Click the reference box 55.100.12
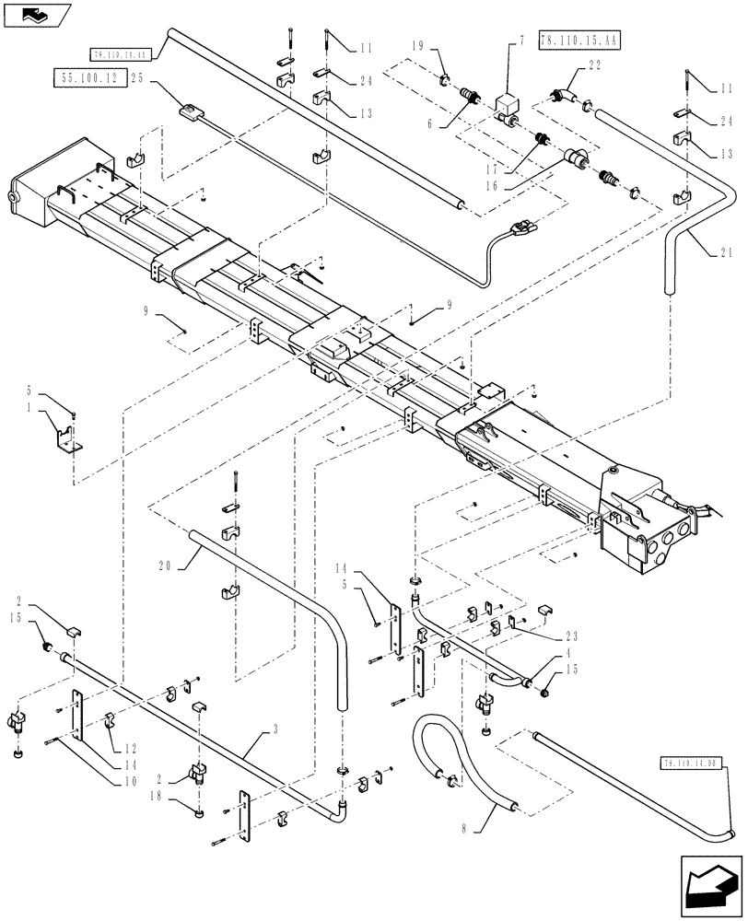tap(92, 80)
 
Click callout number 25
tap(137, 80)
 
